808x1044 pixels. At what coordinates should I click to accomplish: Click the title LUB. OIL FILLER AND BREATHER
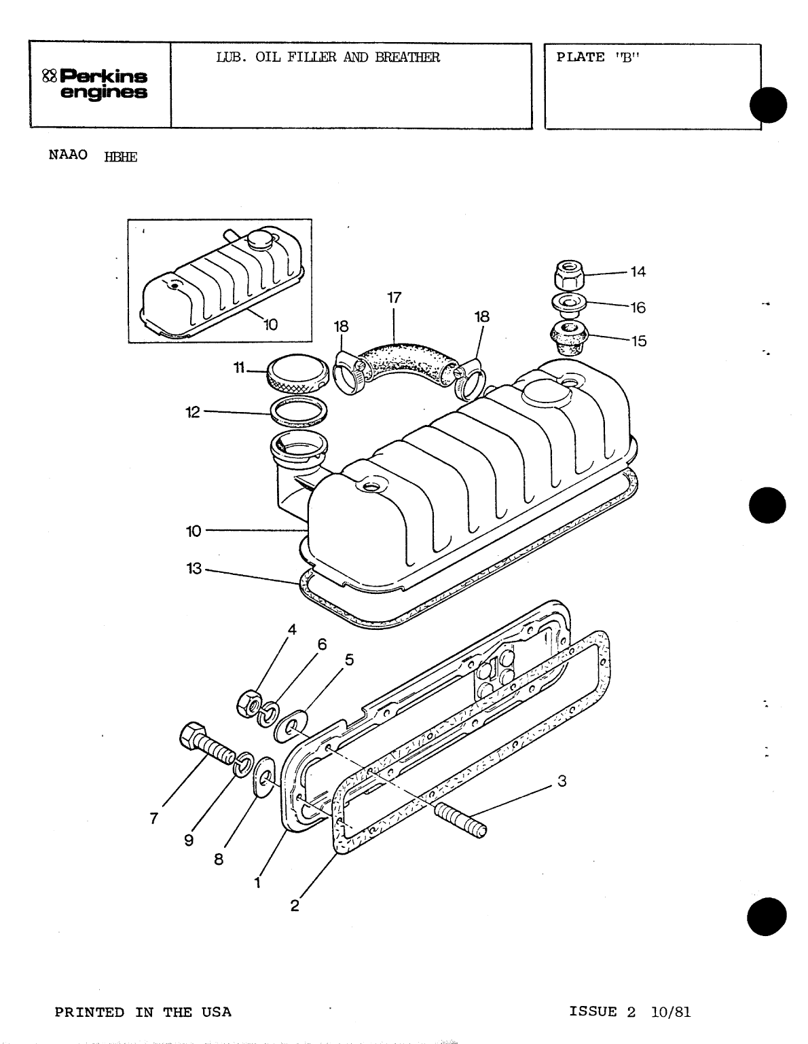(327, 57)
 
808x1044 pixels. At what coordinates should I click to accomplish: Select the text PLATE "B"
(598, 57)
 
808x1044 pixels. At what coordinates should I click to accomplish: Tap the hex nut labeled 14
(568, 276)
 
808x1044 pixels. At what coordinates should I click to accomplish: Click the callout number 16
(638, 307)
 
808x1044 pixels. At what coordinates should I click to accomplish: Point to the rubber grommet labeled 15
(569, 338)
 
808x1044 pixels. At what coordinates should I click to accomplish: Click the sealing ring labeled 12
(299, 411)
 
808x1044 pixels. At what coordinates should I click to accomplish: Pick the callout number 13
(194, 569)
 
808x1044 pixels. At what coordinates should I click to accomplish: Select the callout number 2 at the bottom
(295, 906)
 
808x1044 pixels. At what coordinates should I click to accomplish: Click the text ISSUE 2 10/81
(629, 1012)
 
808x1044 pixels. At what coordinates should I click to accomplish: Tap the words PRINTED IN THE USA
(143, 1012)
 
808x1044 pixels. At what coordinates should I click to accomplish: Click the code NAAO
(68, 154)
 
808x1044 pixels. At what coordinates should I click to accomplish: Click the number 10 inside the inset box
(270, 324)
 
